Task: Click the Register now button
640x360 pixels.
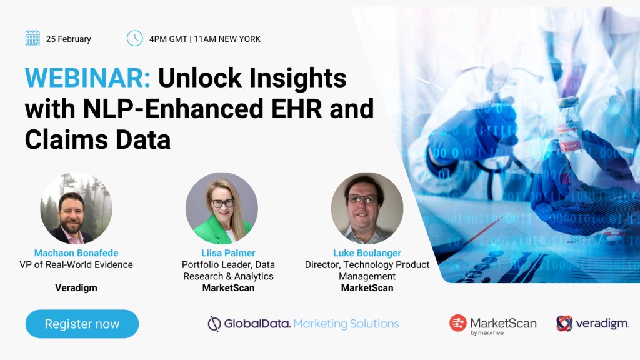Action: coord(82,324)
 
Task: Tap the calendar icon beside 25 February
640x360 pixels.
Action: coord(32,38)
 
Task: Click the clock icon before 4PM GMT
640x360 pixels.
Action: coord(135,38)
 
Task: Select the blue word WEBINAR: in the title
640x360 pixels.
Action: coord(87,77)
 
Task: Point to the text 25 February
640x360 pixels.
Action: coord(69,39)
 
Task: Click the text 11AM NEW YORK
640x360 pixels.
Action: coord(227,39)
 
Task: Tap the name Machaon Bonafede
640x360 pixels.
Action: coord(76,253)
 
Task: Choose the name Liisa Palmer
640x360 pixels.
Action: coord(228,253)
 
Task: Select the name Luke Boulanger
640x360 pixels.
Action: coord(367,253)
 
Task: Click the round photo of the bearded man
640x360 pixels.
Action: coord(76,208)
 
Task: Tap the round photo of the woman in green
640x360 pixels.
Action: coord(222,208)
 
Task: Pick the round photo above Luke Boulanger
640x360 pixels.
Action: coord(367,208)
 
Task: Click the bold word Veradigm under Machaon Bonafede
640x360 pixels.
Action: coord(76,287)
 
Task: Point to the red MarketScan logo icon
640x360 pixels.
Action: coord(458,323)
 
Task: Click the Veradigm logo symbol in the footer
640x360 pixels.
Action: coord(564,323)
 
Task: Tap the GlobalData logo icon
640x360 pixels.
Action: coord(214,324)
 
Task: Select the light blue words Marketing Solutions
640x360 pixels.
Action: coord(346,324)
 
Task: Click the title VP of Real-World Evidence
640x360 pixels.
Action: coord(76,265)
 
